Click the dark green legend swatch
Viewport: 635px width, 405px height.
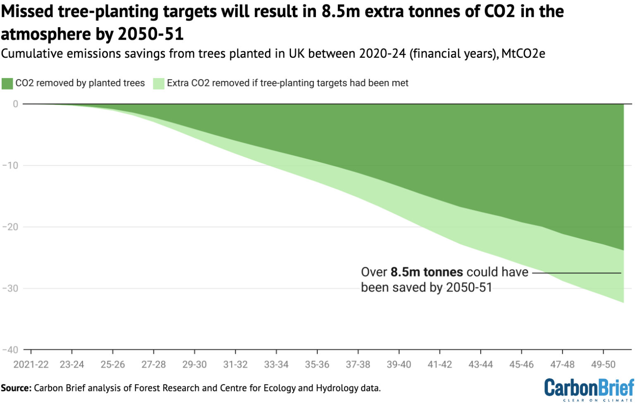point(7,83)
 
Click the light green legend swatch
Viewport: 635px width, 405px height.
point(158,83)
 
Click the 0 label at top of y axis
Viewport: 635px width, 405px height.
point(15,104)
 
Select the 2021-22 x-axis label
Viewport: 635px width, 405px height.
point(31,365)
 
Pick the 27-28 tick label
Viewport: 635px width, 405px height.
point(153,365)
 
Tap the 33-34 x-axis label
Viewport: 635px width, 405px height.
point(276,365)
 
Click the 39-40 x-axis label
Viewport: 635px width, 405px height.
point(399,365)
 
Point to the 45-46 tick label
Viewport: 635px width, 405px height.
point(521,365)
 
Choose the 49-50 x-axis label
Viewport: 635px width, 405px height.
point(603,365)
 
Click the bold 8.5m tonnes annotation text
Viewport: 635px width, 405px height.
point(427,272)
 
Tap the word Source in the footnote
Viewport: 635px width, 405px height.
point(16,388)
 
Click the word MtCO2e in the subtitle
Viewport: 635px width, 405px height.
point(523,54)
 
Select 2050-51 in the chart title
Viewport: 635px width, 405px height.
point(150,34)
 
